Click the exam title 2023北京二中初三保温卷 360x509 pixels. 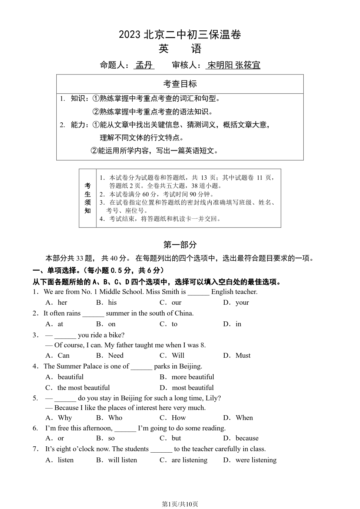pyautogui.click(x=180, y=35)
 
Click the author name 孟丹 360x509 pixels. pyautogui.click(x=144, y=65)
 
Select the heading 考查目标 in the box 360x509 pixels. pyautogui.click(x=180, y=84)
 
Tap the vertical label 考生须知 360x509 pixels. pyautogui.click(x=87, y=198)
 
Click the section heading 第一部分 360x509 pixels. pyautogui.click(x=180, y=245)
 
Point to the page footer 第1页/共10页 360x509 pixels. pyautogui.click(x=180, y=504)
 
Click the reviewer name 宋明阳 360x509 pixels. pyautogui.click(x=220, y=65)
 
